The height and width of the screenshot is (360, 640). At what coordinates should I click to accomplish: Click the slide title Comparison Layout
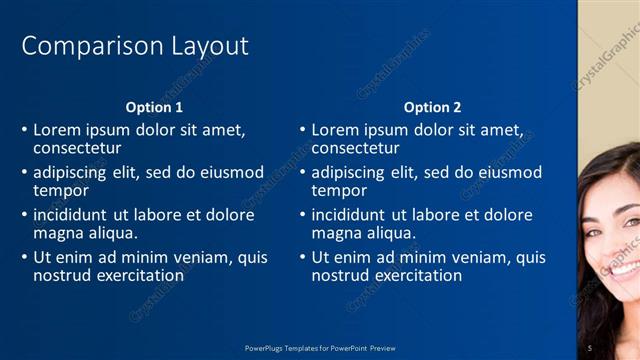click(135, 46)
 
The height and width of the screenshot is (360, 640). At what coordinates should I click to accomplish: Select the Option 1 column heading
click(154, 107)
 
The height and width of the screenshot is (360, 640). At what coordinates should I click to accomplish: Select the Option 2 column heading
click(433, 107)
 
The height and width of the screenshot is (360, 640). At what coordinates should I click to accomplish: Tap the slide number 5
click(590, 347)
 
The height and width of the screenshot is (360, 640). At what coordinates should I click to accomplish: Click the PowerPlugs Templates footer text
click(320, 347)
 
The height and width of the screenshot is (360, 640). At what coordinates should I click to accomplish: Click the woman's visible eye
click(624, 219)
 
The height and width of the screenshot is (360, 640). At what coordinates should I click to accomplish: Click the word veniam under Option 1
click(197, 257)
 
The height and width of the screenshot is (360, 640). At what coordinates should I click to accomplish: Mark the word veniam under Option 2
click(475, 257)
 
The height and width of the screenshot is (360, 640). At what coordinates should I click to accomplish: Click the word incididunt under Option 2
click(349, 215)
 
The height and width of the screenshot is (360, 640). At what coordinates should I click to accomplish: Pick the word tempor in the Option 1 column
click(60, 190)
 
